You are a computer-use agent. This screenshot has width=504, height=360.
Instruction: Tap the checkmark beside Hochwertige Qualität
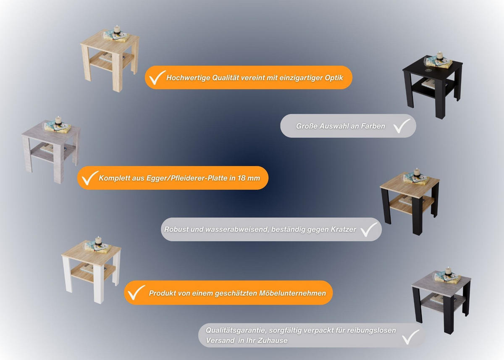(157, 78)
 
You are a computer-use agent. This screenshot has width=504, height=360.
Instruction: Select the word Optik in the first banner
(334, 78)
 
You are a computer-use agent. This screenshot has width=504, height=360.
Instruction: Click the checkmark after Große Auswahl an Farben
(402, 126)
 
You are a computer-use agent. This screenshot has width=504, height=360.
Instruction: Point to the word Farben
(373, 126)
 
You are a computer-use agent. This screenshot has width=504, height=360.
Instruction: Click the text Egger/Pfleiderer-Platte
(187, 178)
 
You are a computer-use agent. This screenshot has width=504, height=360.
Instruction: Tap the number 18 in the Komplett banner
(241, 178)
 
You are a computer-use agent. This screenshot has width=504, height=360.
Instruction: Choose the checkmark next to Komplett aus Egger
(89, 178)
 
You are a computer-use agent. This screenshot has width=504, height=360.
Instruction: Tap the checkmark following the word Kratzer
(369, 229)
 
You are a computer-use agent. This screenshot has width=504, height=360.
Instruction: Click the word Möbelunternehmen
(292, 293)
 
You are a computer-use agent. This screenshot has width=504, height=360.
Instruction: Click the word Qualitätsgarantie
(236, 331)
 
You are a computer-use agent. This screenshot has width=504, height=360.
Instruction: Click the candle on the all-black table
(439, 56)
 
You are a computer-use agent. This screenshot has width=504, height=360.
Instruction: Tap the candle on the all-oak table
(116, 29)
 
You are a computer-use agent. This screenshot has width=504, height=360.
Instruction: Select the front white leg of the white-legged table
(99, 285)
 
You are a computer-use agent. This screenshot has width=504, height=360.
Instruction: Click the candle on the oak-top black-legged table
(417, 172)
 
